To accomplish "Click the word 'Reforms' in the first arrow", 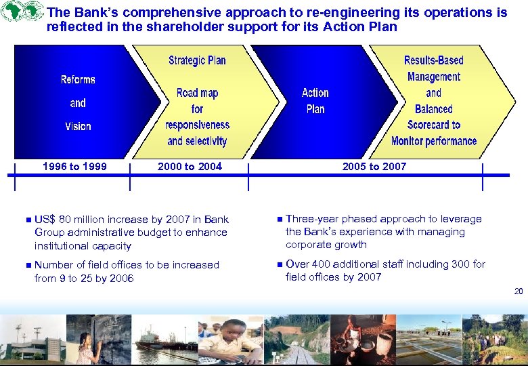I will tap(78, 80).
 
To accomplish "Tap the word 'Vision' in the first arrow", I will tap(78, 126).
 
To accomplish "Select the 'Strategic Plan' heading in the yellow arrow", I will tap(197, 60).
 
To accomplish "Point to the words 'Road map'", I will tap(197, 93).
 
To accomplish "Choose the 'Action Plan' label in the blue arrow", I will tap(315, 101).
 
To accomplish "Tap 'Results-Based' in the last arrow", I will tap(433, 60).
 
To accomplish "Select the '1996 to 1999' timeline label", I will tap(74, 167).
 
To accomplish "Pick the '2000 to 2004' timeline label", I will tap(190, 167).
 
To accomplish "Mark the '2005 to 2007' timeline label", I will tap(374, 167).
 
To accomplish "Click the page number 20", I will tap(519, 291).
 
